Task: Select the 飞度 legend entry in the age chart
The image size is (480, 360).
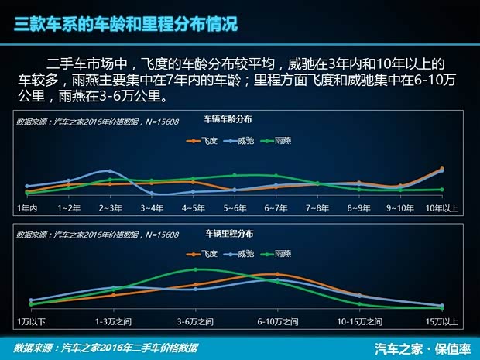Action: [x=204, y=141]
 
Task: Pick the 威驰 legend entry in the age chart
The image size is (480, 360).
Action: [x=240, y=141]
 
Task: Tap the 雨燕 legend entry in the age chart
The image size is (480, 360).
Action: [x=277, y=141]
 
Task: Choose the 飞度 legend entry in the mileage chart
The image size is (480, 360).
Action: [x=203, y=253]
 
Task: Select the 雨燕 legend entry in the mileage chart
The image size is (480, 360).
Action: [x=276, y=253]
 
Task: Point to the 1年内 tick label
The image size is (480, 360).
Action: [x=27, y=208]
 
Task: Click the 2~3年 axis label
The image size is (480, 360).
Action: [x=111, y=208]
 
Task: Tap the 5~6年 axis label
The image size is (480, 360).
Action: [x=235, y=208]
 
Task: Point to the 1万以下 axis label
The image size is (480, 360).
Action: [x=32, y=321]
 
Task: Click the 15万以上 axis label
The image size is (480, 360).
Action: [x=442, y=321]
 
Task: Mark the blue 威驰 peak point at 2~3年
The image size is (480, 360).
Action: [x=110, y=171]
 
